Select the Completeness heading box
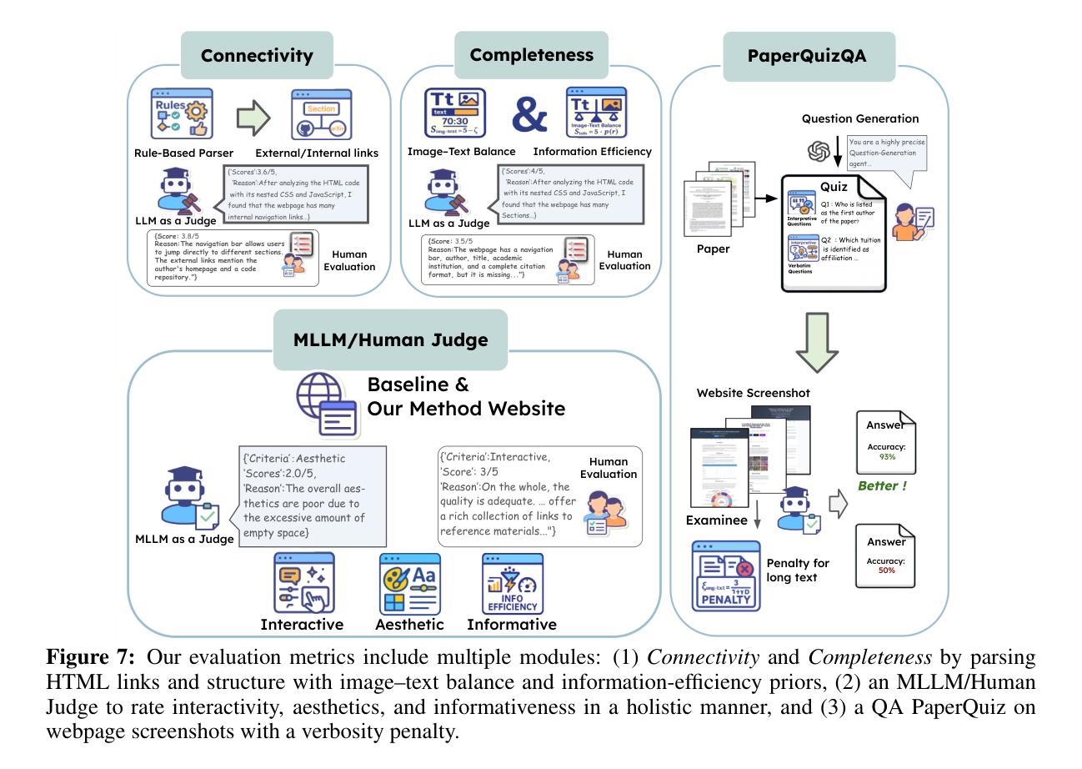(x=532, y=55)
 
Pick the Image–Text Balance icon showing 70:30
(x=455, y=113)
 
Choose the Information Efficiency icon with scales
(x=597, y=113)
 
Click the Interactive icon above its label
(x=303, y=583)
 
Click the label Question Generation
(x=860, y=119)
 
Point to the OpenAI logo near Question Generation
(x=819, y=152)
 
